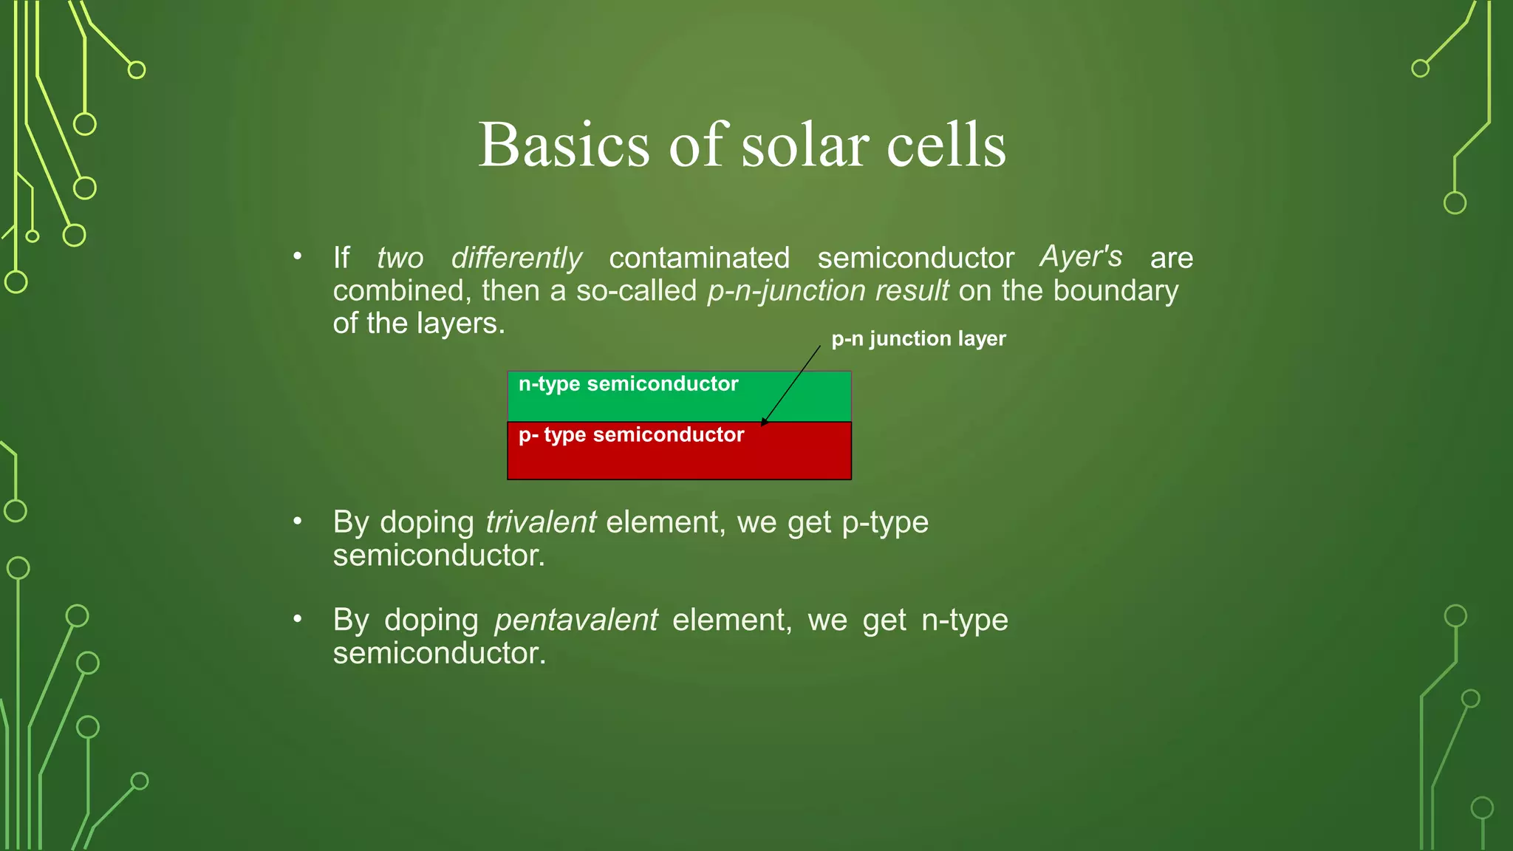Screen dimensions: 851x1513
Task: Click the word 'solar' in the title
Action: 805,146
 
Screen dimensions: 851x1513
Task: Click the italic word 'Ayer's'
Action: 1081,256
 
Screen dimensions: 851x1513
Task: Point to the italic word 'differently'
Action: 516,258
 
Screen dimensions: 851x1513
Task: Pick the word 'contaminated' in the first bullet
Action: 699,258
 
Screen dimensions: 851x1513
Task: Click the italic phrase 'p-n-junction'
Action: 786,291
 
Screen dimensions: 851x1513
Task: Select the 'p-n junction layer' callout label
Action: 918,338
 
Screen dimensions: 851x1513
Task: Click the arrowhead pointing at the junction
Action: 765,422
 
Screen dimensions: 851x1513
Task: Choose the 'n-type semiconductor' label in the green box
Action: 628,383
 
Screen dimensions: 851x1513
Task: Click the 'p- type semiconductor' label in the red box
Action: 631,434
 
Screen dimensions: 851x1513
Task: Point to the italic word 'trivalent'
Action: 541,522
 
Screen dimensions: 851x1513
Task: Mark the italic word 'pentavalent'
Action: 576,620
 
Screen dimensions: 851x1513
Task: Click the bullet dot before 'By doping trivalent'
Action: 297,522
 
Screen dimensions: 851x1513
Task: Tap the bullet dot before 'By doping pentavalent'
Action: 297,619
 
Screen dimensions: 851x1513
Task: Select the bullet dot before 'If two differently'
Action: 297,257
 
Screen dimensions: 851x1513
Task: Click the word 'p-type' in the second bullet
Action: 885,522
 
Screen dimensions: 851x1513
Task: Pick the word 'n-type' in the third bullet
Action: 965,620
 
